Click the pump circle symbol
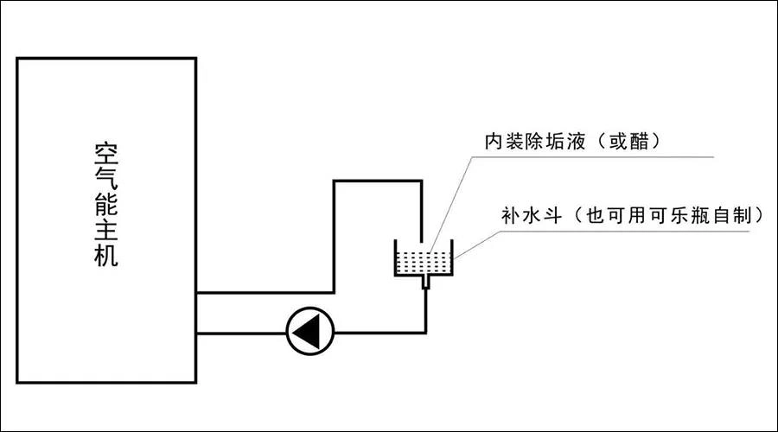pyautogui.click(x=309, y=332)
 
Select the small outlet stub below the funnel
pyautogui.click(x=424, y=282)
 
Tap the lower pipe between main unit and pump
pyautogui.click(x=241, y=333)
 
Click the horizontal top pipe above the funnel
pyautogui.click(x=378, y=181)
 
